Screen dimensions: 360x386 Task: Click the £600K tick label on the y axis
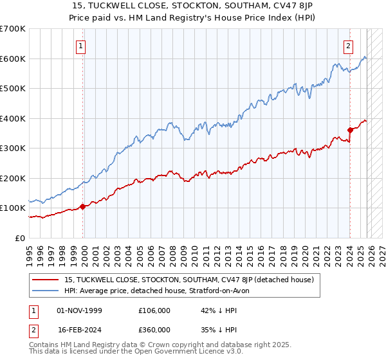pyautogui.click(x=12, y=59)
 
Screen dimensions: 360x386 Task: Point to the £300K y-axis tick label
pyautogui.click(x=12, y=148)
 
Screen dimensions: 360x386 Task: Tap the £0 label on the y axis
pyautogui.click(x=21, y=238)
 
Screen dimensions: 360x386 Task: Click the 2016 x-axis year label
pyautogui.click(x=264, y=250)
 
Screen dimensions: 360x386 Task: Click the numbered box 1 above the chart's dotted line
pyautogui.click(x=81, y=46)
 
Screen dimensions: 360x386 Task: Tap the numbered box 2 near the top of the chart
pyautogui.click(x=348, y=46)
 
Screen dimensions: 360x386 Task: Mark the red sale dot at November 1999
pyautogui.click(x=83, y=206)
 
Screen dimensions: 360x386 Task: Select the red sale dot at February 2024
pyautogui.click(x=350, y=130)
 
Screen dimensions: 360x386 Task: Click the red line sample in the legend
pyautogui.click(x=46, y=280)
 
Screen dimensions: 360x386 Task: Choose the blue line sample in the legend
pyautogui.click(x=46, y=291)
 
